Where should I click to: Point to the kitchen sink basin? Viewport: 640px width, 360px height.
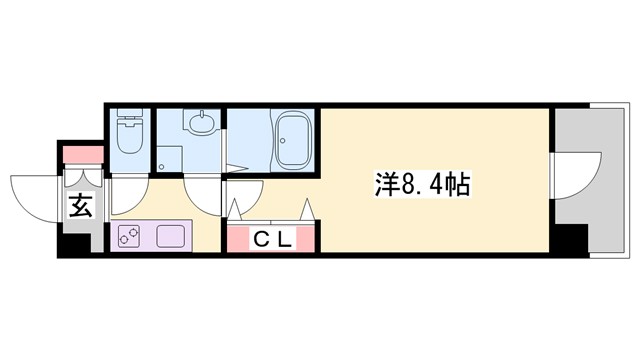coord(167,238)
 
